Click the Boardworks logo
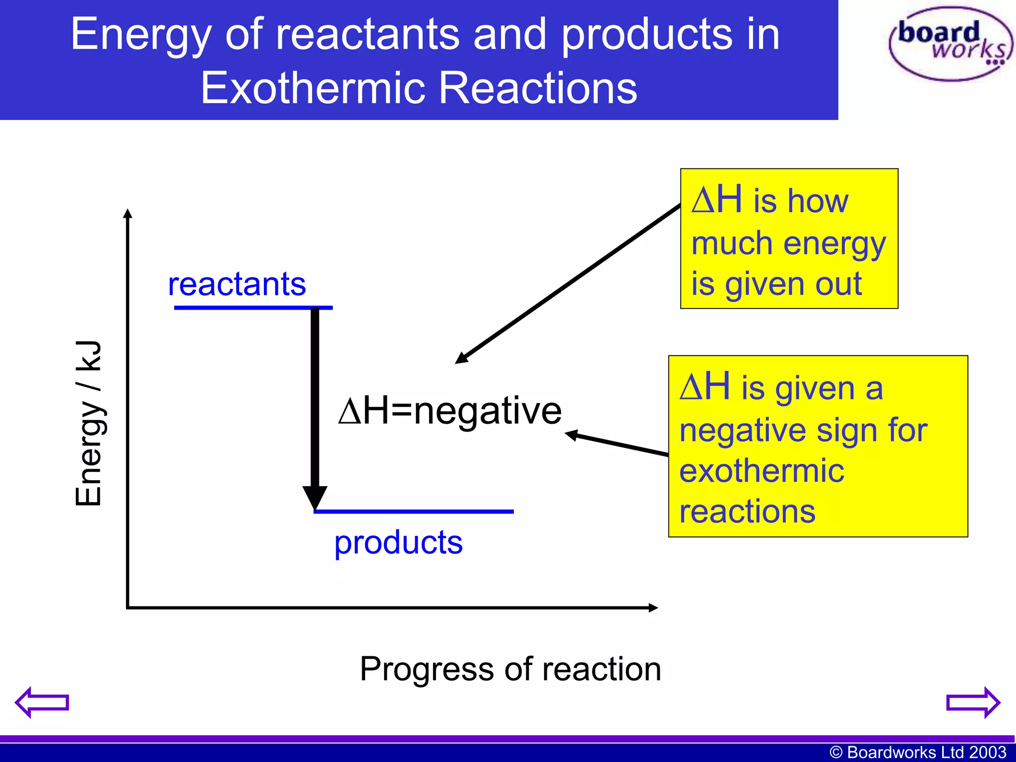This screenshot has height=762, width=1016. click(950, 44)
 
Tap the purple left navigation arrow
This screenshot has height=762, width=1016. click(42, 702)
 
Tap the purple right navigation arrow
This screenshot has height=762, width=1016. click(973, 702)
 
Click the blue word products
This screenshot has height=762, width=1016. click(398, 542)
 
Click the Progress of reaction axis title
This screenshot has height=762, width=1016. click(510, 669)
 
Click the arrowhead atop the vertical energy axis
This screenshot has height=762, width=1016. click(127, 213)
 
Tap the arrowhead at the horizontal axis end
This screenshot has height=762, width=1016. click(653, 608)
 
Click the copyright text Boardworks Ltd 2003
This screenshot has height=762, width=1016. click(918, 752)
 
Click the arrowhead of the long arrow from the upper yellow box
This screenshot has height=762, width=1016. click(461, 359)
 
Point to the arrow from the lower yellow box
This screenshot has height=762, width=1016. click(618, 444)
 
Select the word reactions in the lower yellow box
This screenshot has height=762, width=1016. click(747, 511)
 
